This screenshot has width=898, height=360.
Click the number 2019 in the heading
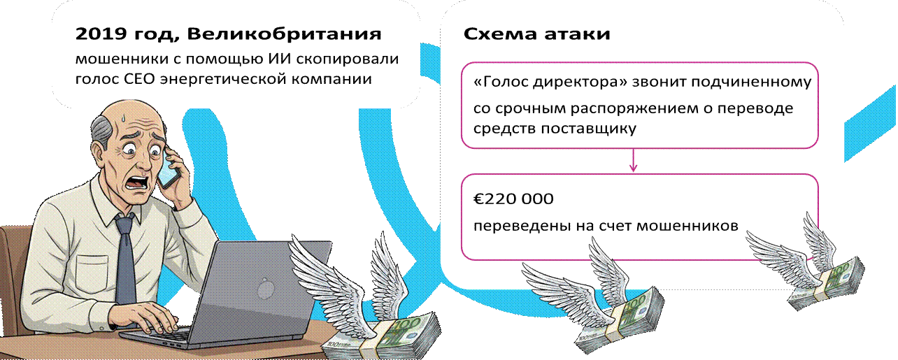click(x=101, y=34)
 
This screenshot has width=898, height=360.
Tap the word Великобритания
click(x=284, y=34)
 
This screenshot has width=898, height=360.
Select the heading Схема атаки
click(x=537, y=34)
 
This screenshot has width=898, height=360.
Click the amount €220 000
click(x=513, y=199)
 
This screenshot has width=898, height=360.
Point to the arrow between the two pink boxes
click(x=634, y=160)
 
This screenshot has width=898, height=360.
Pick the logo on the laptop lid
click(x=265, y=289)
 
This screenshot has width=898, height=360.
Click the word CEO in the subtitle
click(x=139, y=79)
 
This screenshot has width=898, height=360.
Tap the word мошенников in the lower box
click(x=687, y=226)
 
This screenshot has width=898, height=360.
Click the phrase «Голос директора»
click(x=550, y=82)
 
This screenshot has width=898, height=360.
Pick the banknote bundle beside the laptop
click(x=383, y=337)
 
